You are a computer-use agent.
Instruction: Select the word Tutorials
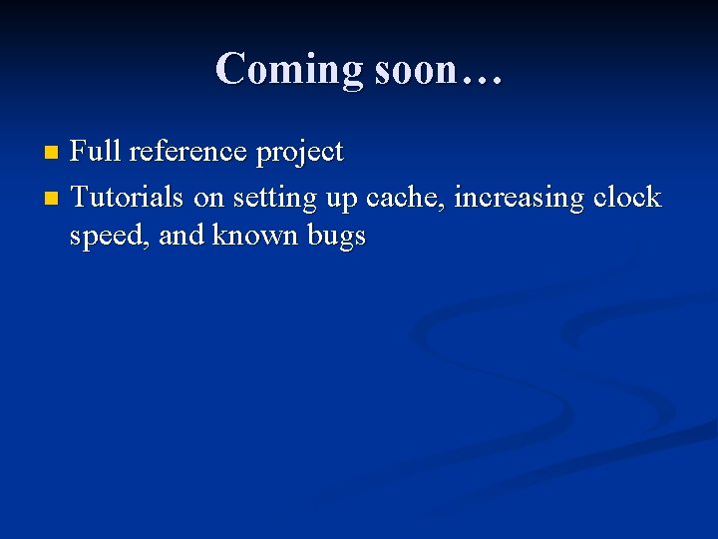[x=128, y=198]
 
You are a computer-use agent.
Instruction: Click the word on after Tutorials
[x=208, y=199]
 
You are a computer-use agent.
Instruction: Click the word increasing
[x=519, y=199]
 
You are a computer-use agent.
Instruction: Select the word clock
[x=626, y=198]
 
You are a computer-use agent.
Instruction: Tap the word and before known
[x=181, y=237]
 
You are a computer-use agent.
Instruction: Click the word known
[x=257, y=237]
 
